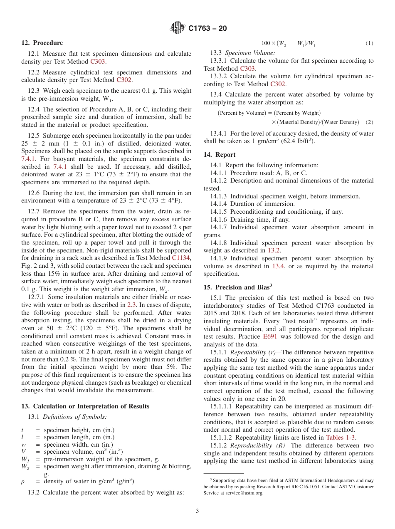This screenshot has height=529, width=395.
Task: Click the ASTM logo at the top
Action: coord(178,28)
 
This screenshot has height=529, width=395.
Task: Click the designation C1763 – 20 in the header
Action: coord(207,29)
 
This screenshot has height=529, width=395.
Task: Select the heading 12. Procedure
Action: coord(42,43)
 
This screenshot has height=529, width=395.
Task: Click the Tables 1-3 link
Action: coord(340,437)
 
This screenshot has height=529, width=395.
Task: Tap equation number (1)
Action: coord(369,43)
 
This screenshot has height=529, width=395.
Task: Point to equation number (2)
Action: coord(369,122)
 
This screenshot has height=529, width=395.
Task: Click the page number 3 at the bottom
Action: coord(197,510)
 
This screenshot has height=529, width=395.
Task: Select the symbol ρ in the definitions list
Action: coord(23,482)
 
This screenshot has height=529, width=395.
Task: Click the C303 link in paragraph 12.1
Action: coord(98,62)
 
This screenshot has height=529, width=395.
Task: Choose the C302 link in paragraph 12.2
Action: coord(124,80)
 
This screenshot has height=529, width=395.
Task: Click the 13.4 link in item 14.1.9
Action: coord(278,266)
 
